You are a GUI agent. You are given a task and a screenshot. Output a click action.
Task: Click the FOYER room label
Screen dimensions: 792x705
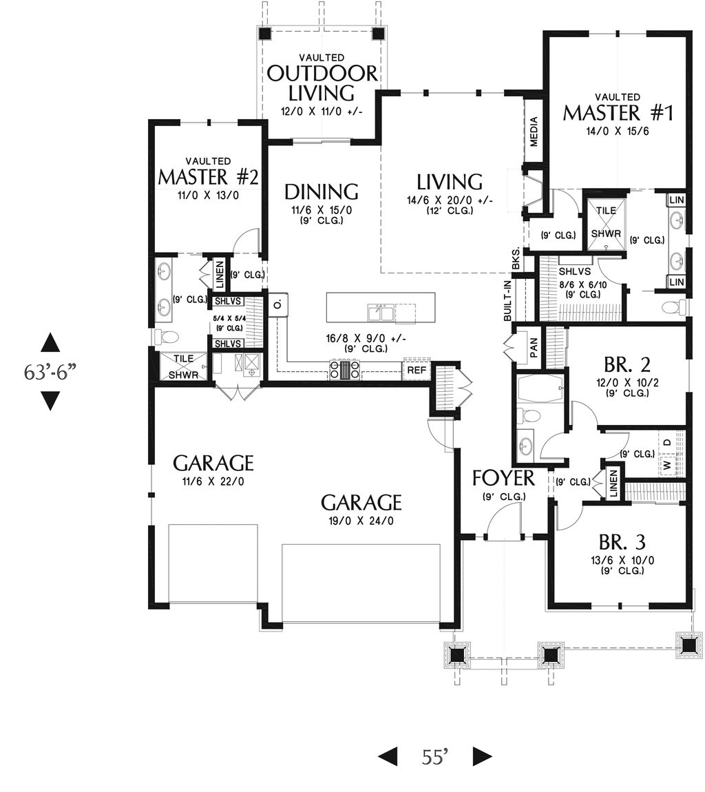(x=503, y=477)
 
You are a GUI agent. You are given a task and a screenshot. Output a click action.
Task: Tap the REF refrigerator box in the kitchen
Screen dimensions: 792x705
(x=415, y=370)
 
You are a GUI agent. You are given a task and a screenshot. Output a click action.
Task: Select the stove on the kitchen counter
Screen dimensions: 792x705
(x=345, y=371)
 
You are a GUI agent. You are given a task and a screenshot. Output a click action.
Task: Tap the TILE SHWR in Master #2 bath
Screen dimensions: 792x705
(x=183, y=366)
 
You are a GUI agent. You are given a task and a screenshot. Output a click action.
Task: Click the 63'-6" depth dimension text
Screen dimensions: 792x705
(x=50, y=372)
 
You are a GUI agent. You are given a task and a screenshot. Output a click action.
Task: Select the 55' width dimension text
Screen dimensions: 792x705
(x=435, y=757)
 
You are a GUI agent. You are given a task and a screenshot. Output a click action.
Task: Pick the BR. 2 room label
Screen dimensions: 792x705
(x=627, y=364)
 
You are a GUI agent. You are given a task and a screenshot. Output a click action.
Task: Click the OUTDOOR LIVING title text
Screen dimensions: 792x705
(x=322, y=82)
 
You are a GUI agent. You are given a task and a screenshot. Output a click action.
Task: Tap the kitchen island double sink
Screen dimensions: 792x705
(x=381, y=313)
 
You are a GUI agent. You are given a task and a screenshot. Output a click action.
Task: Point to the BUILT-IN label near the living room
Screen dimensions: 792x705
(x=507, y=300)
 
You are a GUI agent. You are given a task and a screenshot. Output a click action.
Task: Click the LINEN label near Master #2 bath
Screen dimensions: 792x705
(x=219, y=274)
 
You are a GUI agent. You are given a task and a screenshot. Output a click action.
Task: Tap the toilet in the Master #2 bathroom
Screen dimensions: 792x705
(x=166, y=337)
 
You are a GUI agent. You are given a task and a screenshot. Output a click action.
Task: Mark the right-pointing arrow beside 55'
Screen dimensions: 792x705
(x=482, y=757)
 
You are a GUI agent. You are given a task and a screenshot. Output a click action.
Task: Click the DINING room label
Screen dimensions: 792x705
(x=321, y=191)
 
